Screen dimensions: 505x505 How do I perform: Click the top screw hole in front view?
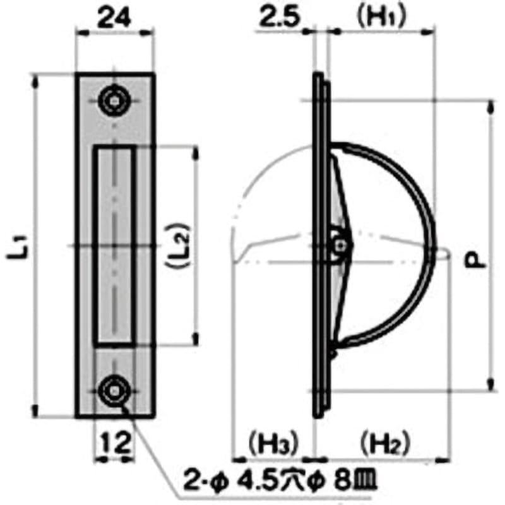tap(114, 100)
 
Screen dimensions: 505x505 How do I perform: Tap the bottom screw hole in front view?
tap(114, 389)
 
